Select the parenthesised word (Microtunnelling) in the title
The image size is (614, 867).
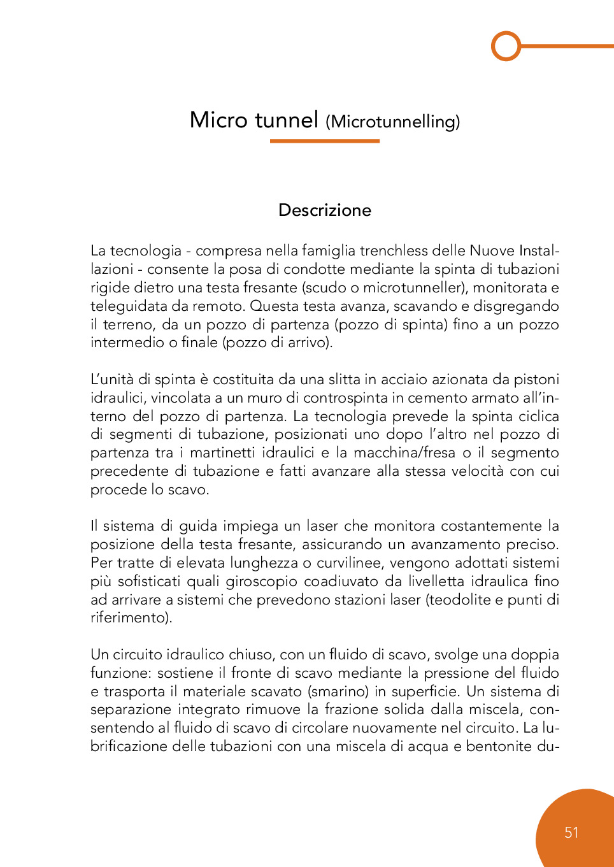click(392, 122)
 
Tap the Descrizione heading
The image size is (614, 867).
click(325, 210)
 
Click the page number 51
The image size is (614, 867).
click(571, 833)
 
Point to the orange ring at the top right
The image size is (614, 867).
click(506, 46)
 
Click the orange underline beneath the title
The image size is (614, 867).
click(325, 141)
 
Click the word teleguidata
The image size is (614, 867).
click(127, 306)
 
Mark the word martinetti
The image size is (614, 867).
click(224, 453)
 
